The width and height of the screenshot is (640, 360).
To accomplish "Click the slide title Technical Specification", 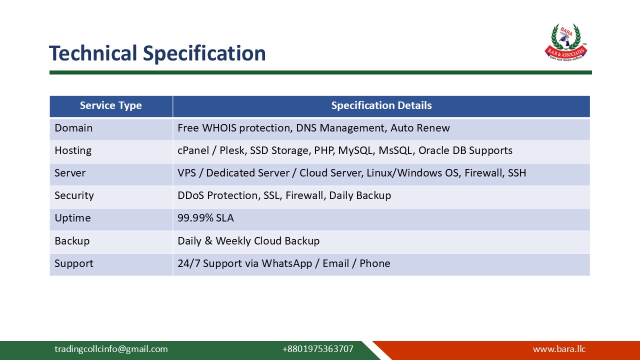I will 157,53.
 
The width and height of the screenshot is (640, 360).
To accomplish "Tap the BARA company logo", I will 565,42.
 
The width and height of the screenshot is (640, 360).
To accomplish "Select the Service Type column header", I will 110,105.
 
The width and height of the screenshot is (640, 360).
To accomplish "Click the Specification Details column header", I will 381,105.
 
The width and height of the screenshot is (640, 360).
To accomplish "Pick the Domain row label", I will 73,128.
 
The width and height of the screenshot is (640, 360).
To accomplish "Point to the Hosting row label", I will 73,150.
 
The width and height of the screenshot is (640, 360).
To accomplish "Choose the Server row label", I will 70,173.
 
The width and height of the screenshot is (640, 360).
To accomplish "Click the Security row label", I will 74,195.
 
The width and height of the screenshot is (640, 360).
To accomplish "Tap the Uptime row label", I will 72,218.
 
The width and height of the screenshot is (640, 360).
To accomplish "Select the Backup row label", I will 72,241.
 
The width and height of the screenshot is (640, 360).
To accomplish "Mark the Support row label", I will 74,263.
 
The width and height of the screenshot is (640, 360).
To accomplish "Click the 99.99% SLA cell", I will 205,218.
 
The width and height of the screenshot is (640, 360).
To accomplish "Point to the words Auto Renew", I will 420,128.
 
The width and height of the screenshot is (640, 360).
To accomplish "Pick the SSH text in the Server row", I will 517,173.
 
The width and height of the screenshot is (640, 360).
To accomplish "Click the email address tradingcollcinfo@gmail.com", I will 111,349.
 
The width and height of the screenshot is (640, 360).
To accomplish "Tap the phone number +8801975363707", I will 317,349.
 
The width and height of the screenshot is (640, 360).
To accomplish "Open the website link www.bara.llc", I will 559,349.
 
